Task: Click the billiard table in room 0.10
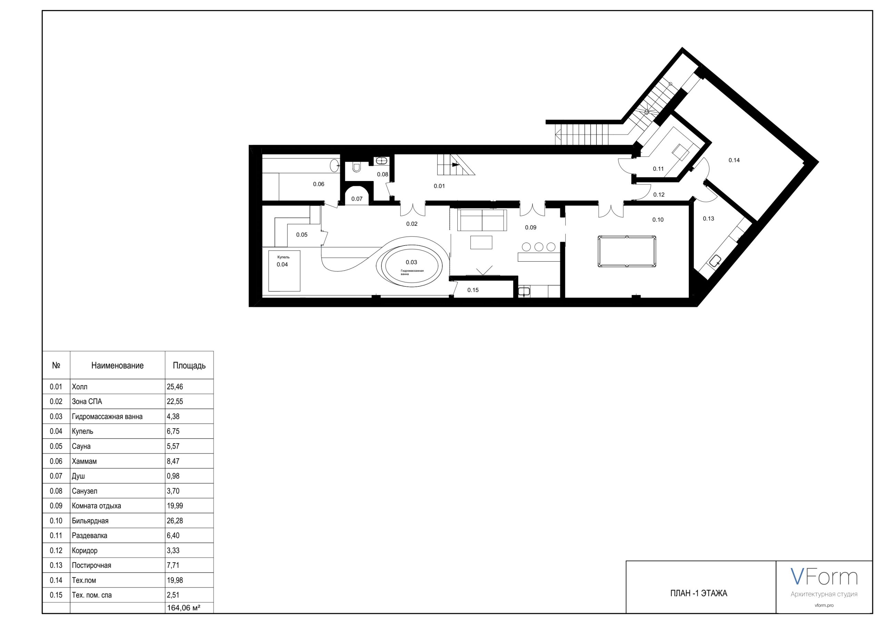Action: click(x=627, y=251)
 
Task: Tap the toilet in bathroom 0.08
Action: click(x=356, y=167)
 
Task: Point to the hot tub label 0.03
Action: click(x=411, y=262)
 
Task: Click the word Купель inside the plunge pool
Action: click(x=284, y=257)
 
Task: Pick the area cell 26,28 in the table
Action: click(x=175, y=521)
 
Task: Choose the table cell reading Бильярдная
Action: click(x=90, y=521)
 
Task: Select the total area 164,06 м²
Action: click(x=184, y=608)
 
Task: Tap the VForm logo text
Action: click(x=824, y=577)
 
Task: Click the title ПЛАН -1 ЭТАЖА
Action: click(x=699, y=593)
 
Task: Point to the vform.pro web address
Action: click(x=824, y=605)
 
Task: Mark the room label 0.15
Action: click(x=473, y=290)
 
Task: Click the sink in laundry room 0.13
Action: click(x=715, y=262)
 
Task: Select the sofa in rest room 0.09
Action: click(x=482, y=220)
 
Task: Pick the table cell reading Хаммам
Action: click(x=84, y=461)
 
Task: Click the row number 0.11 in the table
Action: click(x=56, y=535)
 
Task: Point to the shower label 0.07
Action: click(x=357, y=199)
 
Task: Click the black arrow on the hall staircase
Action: click(x=455, y=164)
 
